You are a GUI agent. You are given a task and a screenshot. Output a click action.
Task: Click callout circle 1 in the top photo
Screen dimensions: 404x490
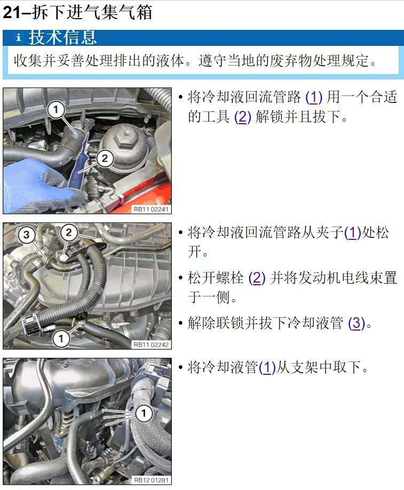56,109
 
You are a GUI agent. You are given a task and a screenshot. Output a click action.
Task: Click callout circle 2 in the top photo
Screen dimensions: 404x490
105,158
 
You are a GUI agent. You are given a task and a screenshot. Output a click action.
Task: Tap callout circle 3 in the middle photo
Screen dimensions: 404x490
26,235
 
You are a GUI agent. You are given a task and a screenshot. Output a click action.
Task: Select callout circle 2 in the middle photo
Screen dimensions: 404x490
69,232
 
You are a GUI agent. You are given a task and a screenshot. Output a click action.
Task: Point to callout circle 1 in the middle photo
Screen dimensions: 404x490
61,339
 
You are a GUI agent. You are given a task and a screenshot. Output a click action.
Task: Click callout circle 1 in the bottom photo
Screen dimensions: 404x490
144,413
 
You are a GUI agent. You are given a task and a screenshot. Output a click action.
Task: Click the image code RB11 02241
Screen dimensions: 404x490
151,209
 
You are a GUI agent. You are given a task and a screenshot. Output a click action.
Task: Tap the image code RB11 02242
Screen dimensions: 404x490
151,344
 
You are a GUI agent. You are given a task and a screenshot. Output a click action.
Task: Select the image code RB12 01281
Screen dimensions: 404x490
151,480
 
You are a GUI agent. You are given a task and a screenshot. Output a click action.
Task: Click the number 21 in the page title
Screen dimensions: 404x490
12,13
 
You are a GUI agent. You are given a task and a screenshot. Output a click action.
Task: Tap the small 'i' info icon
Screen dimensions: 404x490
19,37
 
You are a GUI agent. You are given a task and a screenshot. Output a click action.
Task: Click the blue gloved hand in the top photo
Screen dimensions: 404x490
37,181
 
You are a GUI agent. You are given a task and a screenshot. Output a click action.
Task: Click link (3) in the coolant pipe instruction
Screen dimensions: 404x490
357,323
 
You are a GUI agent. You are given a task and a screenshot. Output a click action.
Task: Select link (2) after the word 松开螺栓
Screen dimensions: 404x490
257,278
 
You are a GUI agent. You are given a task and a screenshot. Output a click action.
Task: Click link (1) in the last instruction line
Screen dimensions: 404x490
267,368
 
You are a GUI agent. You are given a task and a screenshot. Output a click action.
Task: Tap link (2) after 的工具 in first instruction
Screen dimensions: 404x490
243,117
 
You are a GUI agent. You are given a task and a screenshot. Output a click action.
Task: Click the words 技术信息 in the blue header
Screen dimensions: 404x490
62,37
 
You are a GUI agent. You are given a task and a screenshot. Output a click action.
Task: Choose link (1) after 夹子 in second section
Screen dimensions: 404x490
352,233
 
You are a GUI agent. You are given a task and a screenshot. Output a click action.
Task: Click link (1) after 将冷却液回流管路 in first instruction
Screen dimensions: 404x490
314,97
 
